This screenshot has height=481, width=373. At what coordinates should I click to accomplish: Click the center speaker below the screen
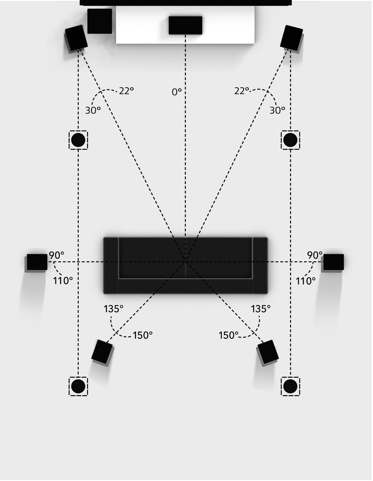(x=185, y=25)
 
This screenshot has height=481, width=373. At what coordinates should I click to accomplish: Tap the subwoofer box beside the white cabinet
(x=100, y=21)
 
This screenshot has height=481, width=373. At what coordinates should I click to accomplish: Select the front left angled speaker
(x=76, y=38)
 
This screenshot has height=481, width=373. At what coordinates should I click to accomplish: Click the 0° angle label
(x=176, y=92)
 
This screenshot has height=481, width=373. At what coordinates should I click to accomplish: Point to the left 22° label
(x=126, y=91)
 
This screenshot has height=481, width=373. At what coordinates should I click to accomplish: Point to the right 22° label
(x=242, y=91)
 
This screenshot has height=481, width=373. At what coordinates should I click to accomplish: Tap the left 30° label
(x=93, y=110)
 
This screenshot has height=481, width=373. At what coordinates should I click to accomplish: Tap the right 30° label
(x=277, y=110)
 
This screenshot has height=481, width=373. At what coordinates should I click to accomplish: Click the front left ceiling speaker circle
(x=78, y=140)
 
